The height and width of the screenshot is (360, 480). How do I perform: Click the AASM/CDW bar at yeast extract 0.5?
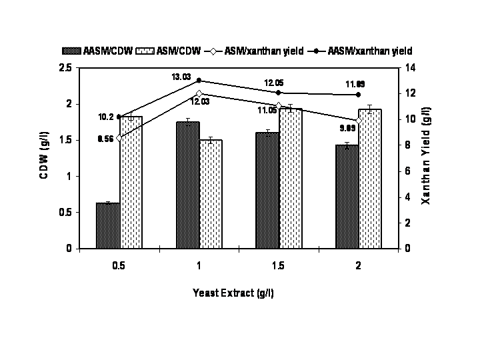[107, 225]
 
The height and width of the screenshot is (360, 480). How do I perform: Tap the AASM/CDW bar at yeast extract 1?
[187, 185]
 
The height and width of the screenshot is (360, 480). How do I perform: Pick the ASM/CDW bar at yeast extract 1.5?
[290, 178]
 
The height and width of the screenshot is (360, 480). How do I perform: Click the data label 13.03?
[181, 77]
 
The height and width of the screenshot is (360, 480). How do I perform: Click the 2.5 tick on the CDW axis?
[65, 67]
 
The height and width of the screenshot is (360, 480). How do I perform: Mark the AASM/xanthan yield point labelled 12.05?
[279, 92]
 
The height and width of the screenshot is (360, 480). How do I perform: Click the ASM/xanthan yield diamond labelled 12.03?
[199, 93]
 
